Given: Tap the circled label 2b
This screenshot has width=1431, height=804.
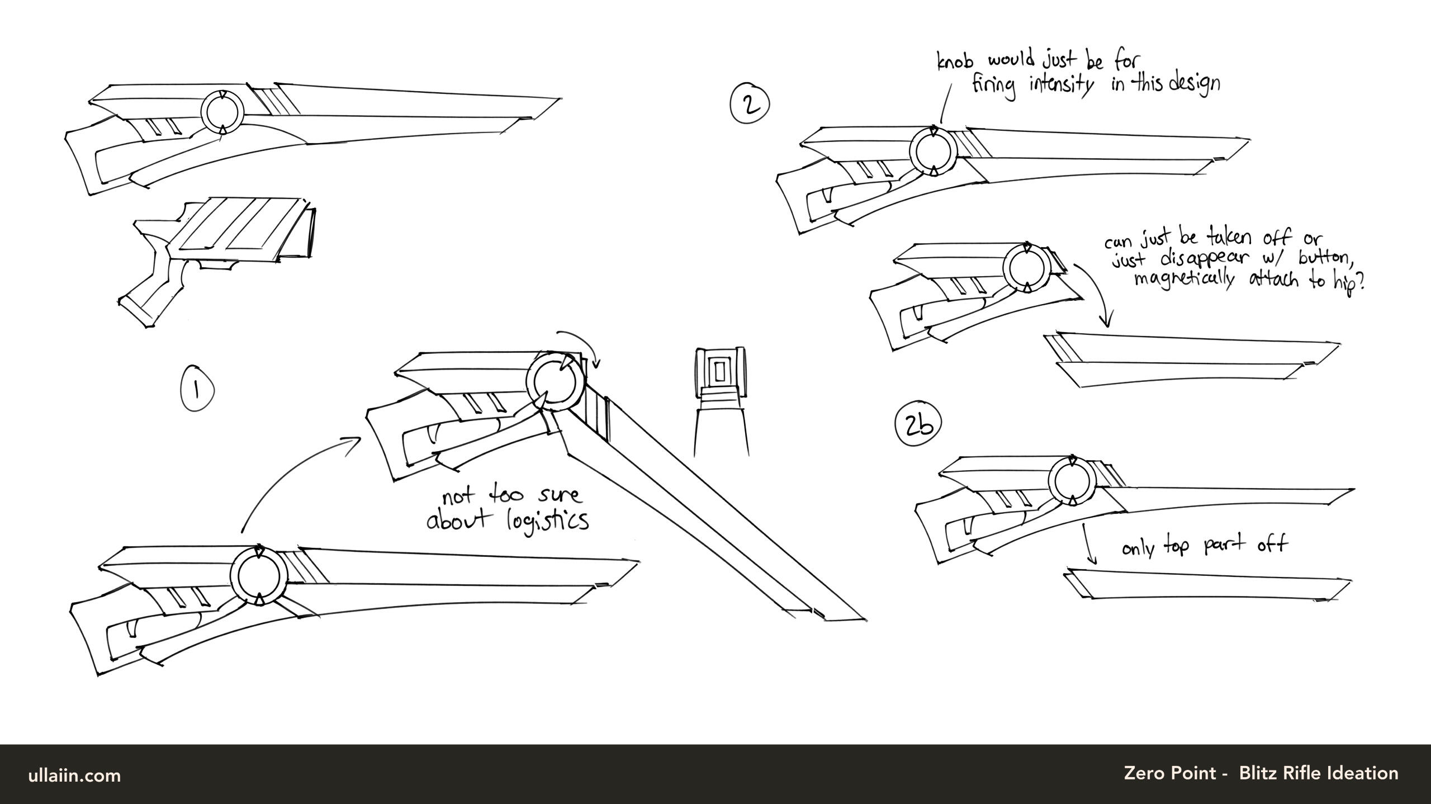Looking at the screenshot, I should click(x=918, y=426).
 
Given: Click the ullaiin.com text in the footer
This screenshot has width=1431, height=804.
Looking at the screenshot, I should click(x=74, y=775).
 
